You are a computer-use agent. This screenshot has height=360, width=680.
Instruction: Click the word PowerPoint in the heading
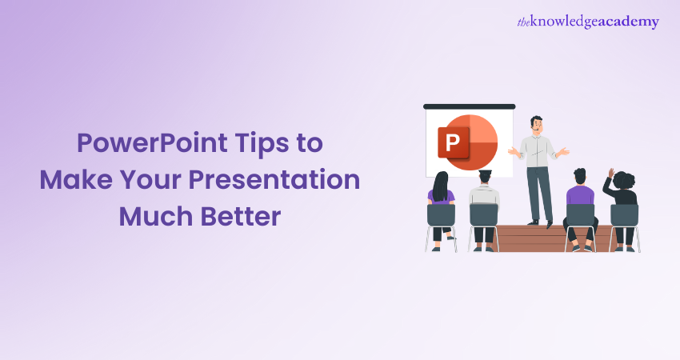click(x=152, y=143)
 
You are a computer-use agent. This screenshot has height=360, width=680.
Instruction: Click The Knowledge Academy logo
click(x=588, y=22)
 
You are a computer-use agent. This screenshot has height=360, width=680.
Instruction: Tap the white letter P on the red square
click(x=453, y=142)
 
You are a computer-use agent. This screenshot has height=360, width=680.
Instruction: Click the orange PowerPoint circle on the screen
click(x=471, y=142)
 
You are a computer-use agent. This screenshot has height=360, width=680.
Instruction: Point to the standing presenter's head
click(x=537, y=124)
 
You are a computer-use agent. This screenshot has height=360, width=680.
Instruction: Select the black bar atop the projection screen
click(x=470, y=106)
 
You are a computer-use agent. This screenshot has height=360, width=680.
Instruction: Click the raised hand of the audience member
click(x=611, y=173)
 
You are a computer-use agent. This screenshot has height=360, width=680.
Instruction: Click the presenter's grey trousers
click(x=539, y=194)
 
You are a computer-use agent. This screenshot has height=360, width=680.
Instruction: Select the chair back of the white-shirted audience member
click(x=483, y=215)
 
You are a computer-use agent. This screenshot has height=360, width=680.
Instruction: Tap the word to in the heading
click(x=310, y=143)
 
